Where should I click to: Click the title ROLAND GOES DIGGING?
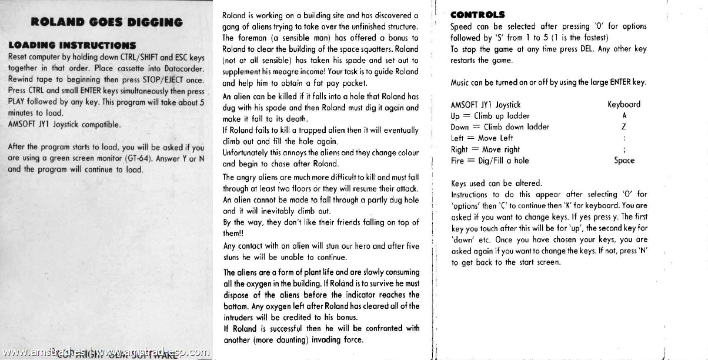point(106,23)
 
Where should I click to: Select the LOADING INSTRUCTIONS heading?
point(72,45)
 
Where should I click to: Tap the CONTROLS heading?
point(477,15)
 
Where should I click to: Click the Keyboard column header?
point(623,105)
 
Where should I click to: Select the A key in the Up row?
point(623,116)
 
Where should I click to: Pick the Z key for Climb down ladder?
point(623,127)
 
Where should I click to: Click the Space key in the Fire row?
point(624,161)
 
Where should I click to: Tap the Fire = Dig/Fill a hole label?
point(490,161)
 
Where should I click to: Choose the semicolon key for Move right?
point(623,149)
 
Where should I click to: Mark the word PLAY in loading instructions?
point(18,102)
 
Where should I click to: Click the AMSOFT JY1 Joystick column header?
point(486,105)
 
